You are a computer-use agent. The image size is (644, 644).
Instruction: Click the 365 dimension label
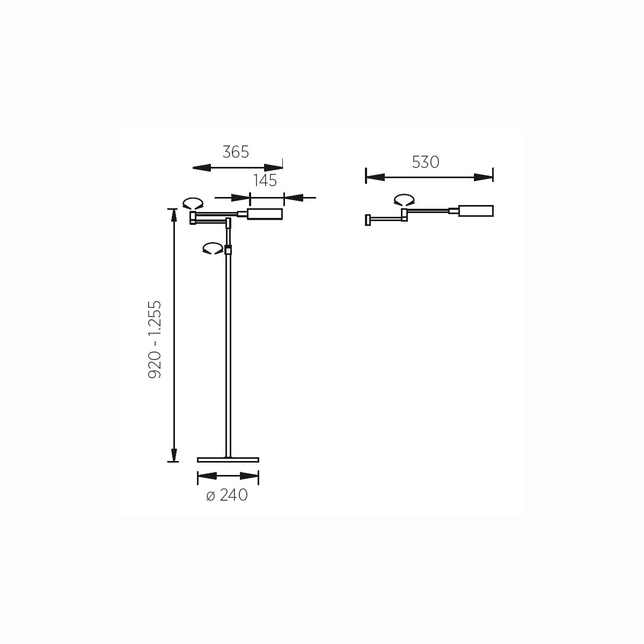pos(236,152)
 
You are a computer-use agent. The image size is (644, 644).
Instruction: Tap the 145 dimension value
pos(265,180)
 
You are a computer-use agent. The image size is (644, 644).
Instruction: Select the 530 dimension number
pos(426,162)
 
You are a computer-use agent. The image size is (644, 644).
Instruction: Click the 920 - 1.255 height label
pos(155,340)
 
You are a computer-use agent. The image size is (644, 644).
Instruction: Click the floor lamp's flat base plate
pos(228,460)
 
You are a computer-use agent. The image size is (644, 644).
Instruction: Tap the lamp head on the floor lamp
pos(265,214)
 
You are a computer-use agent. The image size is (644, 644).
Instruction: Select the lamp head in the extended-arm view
pos(475,211)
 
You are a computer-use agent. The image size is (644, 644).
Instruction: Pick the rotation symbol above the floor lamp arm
pos(193,203)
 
